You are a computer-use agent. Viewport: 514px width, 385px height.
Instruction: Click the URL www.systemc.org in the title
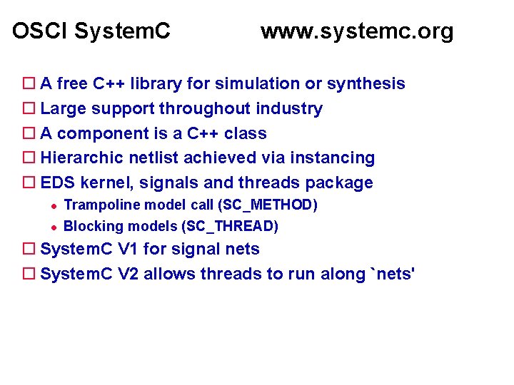tap(357, 31)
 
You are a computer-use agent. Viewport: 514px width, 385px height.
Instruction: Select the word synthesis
tap(366, 84)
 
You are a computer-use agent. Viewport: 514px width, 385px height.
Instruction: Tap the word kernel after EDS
tap(108, 183)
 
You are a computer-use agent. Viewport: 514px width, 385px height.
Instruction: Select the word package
tap(342, 183)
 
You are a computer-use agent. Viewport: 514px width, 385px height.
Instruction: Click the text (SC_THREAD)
tap(230, 227)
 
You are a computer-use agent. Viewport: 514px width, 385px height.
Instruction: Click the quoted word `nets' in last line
tap(390, 274)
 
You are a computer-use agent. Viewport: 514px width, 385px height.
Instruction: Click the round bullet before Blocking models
tap(52, 227)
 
